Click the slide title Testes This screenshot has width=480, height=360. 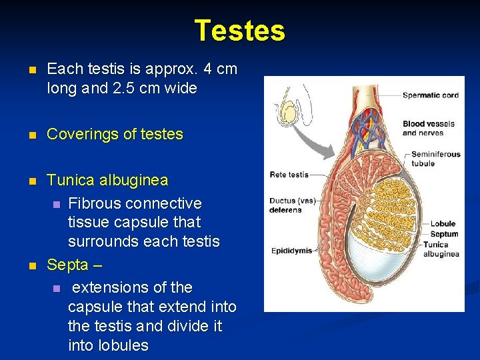(239, 31)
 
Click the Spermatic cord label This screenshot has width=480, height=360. (430, 95)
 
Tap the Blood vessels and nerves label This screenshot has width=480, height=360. (429, 128)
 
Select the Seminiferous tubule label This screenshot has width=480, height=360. (435, 159)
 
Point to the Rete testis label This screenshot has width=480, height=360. (289, 175)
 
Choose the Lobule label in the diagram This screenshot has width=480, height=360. (443, 224)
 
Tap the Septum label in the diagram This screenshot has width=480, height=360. (444, 234)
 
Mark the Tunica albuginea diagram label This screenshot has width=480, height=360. (441, 249)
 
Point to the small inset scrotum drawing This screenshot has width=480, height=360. (288, 111)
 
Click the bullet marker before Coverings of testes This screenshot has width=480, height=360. (26, 135)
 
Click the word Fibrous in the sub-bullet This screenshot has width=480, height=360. (93, 203)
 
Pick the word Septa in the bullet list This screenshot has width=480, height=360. (67, 265)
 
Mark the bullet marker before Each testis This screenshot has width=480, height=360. (26, 69)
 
